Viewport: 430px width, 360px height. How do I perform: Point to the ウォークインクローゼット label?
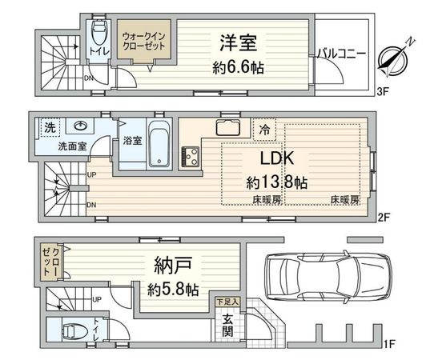(x=144, y=42)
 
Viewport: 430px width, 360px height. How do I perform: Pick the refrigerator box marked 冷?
(x=264, y=129)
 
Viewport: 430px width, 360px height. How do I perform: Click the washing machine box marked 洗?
(x=50, y=126)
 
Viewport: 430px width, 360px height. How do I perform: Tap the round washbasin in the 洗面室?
(x=81, y=126)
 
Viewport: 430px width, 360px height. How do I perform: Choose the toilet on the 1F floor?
(x=72, y=329)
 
